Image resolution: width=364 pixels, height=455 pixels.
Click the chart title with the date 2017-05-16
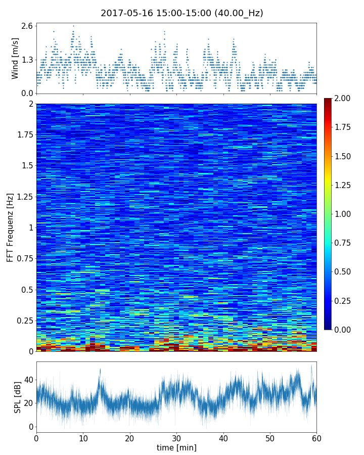[182, 13]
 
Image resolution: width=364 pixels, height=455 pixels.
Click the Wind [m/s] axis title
[15, 58]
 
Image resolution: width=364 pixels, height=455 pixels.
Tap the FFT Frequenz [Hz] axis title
[10, 227]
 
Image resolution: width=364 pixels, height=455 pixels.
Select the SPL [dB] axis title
[18, 397]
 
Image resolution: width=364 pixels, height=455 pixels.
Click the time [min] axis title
[176, 447]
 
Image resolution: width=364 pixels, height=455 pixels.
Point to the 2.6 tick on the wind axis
[27, 26]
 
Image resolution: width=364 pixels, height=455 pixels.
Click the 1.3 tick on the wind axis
[27, 60]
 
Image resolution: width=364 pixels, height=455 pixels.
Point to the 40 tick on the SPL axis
[28, 379]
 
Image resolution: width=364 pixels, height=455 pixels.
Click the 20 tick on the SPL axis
[28, 403]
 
